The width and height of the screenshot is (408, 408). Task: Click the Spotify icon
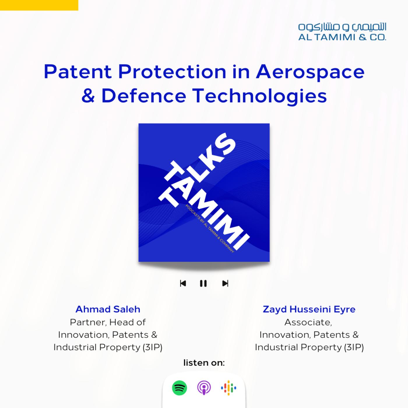click(x=179, y=388)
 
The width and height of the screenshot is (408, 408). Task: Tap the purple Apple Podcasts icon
click(x=204, y=388)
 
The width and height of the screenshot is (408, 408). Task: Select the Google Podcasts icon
click(x=228, y=388)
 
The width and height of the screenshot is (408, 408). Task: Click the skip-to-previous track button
click(x=183, y=283)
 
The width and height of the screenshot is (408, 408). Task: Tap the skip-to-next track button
click(x=225, y=283)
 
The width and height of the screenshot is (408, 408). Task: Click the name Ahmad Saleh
click(x=108, y=309)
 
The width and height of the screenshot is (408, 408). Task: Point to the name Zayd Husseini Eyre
click(x=309, y=309)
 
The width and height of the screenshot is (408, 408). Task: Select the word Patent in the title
click(x=78, y=72)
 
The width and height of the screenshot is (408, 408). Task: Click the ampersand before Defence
click(x=88, y=96)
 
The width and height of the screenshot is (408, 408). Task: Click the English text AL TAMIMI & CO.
click(x=342, y=37)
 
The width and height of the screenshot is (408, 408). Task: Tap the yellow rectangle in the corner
click(x=39, y=5)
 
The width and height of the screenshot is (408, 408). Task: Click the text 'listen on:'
click(x=204, y=363)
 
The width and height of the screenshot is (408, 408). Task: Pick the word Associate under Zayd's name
click(x=308, y=322)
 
